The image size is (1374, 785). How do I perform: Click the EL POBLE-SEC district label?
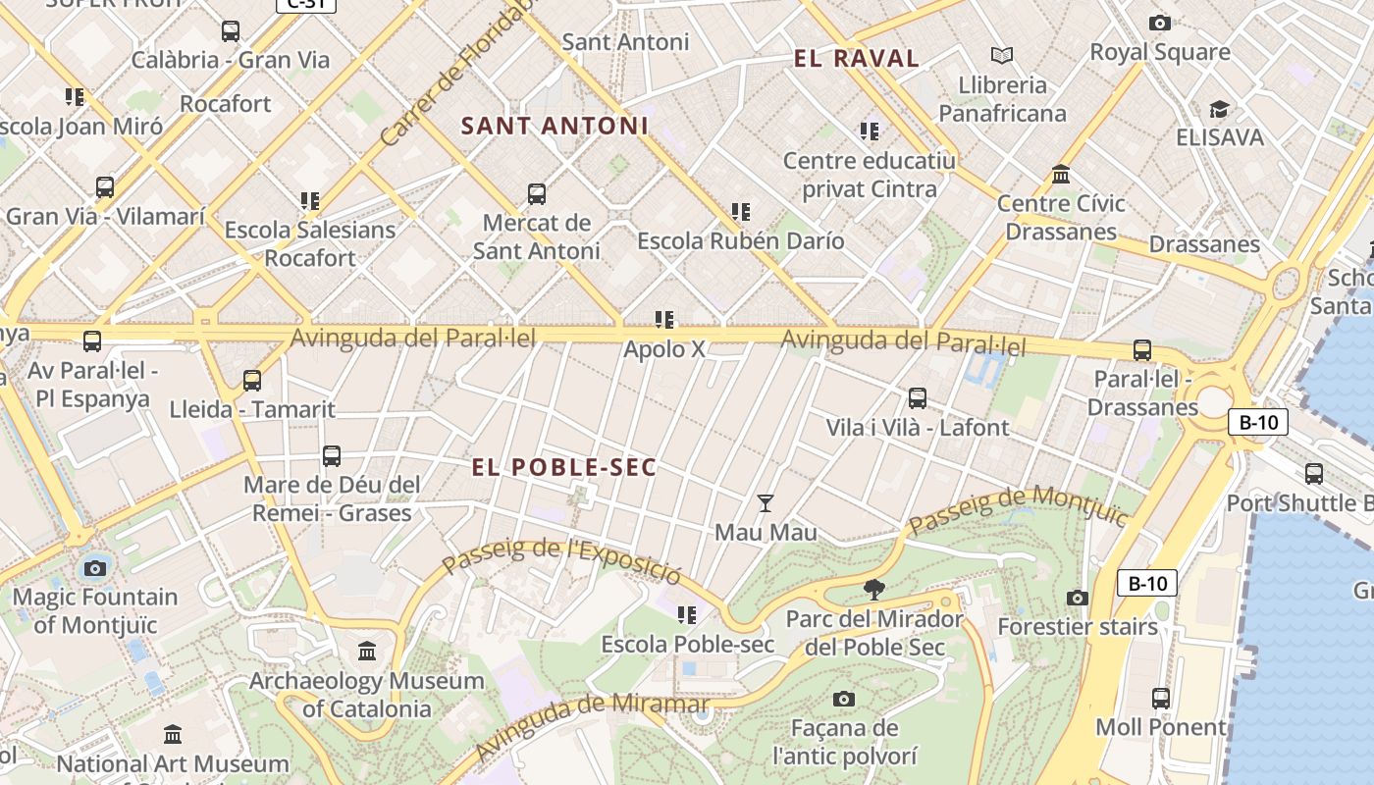(563, 468)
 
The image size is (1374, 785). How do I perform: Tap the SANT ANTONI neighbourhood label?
(555, 126)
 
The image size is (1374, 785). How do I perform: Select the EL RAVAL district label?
(857, 59)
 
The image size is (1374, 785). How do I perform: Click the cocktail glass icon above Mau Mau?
(766, 503)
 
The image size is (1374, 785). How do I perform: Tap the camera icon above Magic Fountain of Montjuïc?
(95, 568)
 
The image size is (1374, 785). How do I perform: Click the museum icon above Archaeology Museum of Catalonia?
(367, 651)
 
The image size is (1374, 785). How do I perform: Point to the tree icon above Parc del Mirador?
(873, 590)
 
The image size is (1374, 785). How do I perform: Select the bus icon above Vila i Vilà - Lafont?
(918, 398)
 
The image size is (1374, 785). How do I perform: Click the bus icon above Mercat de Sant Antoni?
(536, 194)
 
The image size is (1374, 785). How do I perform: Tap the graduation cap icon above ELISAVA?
(1219, 109)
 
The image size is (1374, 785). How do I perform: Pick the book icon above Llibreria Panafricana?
(1002, 56)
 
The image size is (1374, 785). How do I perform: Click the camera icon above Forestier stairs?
(1078, 598)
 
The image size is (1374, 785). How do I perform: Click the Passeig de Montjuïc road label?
(1018, 510)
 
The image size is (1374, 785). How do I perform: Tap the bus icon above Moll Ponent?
(1161, 699)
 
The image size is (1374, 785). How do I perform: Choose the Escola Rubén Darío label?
(740, 240)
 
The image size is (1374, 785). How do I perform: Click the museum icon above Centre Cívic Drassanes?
(1061, 175)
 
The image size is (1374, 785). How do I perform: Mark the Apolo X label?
(664, 349)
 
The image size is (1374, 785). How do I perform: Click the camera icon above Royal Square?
(1160, 23)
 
